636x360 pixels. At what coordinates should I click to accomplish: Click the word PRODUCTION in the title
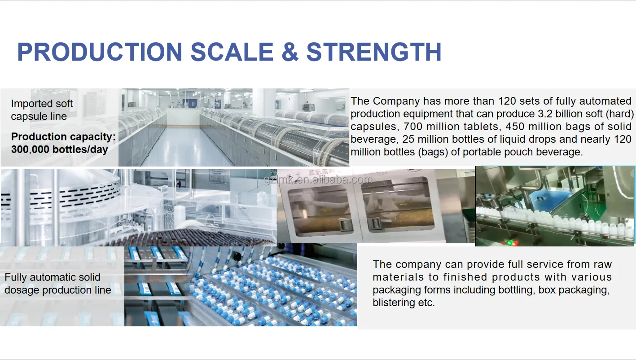(100, 52)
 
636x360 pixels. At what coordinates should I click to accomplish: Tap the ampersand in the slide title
(290, 52)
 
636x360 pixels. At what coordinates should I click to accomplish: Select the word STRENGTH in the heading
(374, 52)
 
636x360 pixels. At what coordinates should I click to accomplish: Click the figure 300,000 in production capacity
(30, 149)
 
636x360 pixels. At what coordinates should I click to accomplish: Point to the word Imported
(32, 104)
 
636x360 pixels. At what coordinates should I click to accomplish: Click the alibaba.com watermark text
(318, 180)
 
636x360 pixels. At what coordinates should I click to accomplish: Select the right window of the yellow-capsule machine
(398, 204)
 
